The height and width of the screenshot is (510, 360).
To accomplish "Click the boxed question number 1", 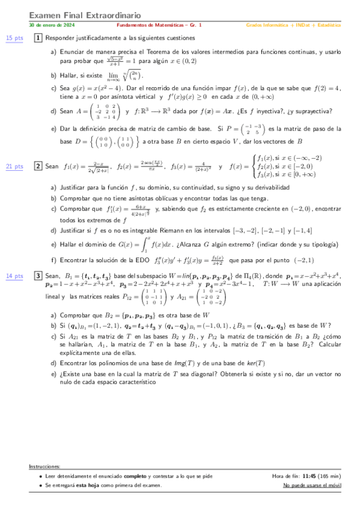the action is pyautogui.click(x=38, y=38).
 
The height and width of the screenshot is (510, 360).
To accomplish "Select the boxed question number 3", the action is pyautogui.click(x=38, y=275).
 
